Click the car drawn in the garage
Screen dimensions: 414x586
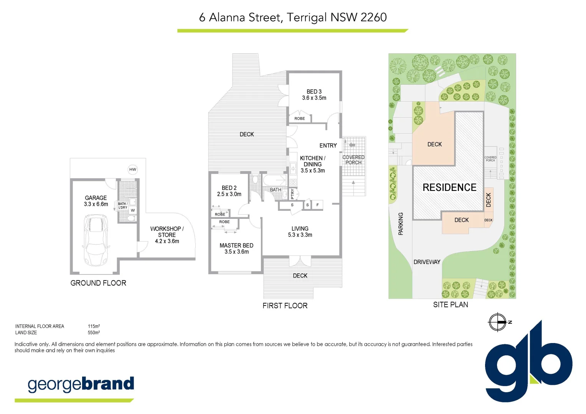(96, 240)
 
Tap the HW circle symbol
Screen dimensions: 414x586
(133, 169)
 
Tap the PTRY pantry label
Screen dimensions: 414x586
(292, 194)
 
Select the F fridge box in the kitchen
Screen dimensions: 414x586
(317, 205)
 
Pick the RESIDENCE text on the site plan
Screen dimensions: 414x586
(449, 187)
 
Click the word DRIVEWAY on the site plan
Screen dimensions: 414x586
(427, 262)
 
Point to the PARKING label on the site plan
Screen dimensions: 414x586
(401, 223)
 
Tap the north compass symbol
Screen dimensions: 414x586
(498, 322)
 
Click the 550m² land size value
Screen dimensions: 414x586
(94, 333)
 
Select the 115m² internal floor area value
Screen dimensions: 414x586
(94, 326)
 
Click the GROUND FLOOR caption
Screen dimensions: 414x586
(98, 283)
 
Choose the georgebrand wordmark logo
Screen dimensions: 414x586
(81, 384)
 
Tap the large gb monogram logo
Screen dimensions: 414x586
(528, 364)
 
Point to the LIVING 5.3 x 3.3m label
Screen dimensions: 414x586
(300, 232)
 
